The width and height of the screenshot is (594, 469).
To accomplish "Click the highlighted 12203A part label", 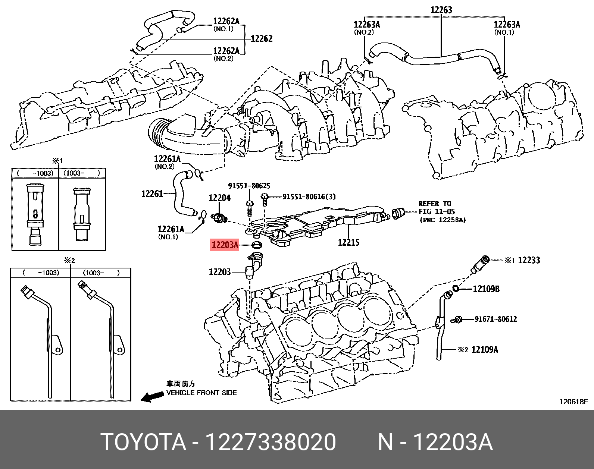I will pyautogui.click(x=225, y=245).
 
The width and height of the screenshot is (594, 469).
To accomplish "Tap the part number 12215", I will pyautogui.click(x=348, y=242).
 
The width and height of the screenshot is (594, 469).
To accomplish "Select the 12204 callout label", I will pyautogui.click(x=219, y=198).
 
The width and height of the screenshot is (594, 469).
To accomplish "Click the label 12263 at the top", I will pyautogui.click(x=441, y=10).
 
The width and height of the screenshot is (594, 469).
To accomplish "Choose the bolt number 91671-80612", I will pyautogui.click(x=495, y=319).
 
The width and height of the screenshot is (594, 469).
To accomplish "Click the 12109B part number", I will pyautogui.click(x=486, y=289).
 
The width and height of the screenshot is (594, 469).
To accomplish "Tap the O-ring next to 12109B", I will pyautogui.click(x=456, y=288).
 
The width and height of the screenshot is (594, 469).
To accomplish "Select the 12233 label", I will pyautogui.click(x=529, y=260).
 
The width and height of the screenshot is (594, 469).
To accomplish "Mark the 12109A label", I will pyautogui.click(x=485, y=349).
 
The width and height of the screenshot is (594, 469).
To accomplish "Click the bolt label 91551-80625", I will pyautogui.click(x=249, y=186).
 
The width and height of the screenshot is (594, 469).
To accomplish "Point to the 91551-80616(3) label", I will pyautogui.click(x=309, y=196).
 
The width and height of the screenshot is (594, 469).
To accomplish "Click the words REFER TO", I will pyautogui.click(x=435, y=204).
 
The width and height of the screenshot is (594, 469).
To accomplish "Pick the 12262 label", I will pyautogui.click(x=261, y=38).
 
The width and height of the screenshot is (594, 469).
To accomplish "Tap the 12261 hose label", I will pyautogui.click(x=152, y=193).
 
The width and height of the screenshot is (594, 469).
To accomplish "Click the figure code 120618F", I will pyautogui.click(x=573, y=402).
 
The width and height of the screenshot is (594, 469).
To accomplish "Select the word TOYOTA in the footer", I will pyautogui.click(x=143, y=442).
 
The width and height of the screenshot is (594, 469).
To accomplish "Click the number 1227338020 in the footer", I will pyautogui.click(x=271, y=442).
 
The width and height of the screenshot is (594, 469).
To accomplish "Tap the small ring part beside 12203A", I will pyautogui.click(x=257, y=245).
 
